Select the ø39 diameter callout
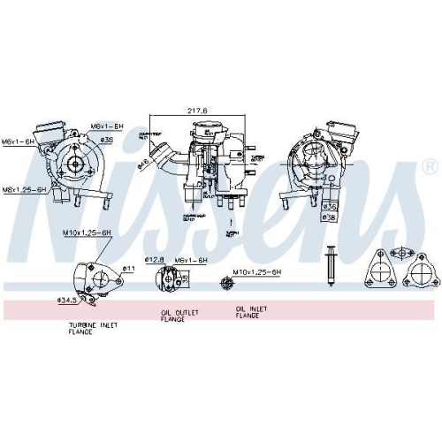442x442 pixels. click(x=107, y=140)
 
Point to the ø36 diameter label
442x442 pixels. click(x=329, y=206)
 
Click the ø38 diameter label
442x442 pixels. click(x=329, y=217)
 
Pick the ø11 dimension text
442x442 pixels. click(x=127, y=268)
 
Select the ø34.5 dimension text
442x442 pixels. click(x=67, y=301)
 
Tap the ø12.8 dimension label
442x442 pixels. click(x=156, y=260)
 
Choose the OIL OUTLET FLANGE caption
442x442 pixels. click(x=179, y=315)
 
